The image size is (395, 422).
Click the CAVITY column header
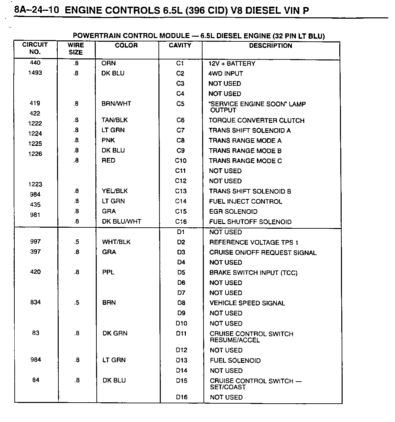tap(180, 45)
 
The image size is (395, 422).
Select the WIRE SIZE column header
tap(76, 49)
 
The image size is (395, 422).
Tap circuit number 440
tap(35, 63)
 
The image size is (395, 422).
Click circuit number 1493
tap(35, 73)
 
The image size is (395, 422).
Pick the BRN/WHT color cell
tap(116, 103)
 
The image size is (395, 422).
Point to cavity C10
tap(180, 161)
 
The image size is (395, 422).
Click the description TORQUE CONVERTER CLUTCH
tap(256, 120)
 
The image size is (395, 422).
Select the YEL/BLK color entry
tap(115, 191)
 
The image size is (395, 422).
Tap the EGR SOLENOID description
tap(233, 211)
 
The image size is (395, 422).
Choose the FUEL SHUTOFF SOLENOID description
tap(250, 222)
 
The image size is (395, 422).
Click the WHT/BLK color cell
tap(116, 242)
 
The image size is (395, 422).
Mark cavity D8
tap(181, 303)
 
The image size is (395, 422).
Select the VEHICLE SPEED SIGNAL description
tap(247, 303)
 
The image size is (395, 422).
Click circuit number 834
tap(35, 302)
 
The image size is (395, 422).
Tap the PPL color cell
tap(108, 272)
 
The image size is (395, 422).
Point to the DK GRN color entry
tap(115, 333)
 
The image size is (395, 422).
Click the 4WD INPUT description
tap(226, 73)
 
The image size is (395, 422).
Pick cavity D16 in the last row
tap(182, 397)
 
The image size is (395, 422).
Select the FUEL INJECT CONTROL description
tap(246, 201)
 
